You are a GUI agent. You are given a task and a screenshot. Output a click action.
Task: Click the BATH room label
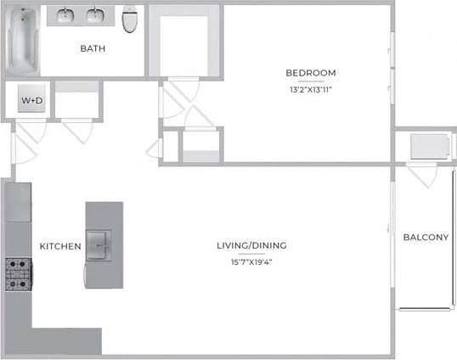tap(93, 48)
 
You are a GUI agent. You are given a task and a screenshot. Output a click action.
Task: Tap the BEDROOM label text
tap(310, 73)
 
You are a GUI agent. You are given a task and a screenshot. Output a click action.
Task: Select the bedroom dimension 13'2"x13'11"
tap(310, 89)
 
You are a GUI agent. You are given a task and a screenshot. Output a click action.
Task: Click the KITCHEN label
tap(60, 246)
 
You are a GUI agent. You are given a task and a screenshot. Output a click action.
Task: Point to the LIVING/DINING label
tap(251, 245)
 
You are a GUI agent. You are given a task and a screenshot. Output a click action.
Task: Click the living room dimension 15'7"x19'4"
tap(251, 262)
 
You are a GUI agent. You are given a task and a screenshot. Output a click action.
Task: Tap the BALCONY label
tap(426, 237)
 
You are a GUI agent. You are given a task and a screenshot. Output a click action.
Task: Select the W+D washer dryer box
tap(31, 101)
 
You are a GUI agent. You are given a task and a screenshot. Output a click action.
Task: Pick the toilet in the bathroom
tap(130, 19)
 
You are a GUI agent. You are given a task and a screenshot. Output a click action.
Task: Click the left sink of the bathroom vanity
tap(67, 16)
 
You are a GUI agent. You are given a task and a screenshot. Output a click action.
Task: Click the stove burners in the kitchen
tap(17, 274)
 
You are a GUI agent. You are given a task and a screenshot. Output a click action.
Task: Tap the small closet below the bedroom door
tap(200, 144)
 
